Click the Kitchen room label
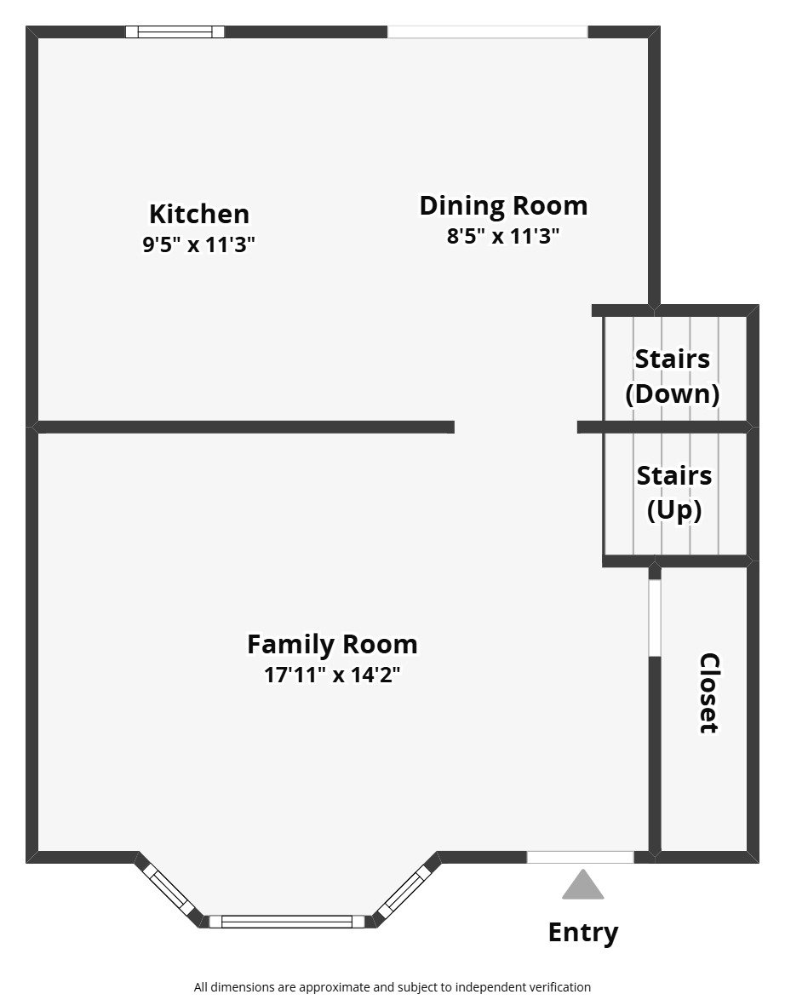point(199,213)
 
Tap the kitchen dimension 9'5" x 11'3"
point(199,244)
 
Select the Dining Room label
point(503,205)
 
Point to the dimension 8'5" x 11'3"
point(503,236)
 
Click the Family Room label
point(332,644)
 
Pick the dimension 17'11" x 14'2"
point(332,675)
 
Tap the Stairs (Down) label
point(673,376)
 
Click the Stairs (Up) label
point(674,492)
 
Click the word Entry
point(582,932)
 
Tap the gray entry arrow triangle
point(582,887)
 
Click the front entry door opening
point(580,857)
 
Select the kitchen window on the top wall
point(175,32)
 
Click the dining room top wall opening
point(487,32)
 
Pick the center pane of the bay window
point(287,921)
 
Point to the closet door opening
point(654,618)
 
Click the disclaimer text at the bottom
point(392,987)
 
